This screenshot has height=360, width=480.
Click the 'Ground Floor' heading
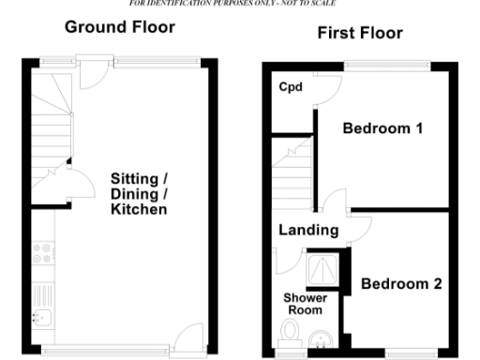[x=119, y=27]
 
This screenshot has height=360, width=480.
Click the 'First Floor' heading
[x=360, y=34]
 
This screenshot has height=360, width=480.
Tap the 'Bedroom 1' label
[x=382, y=128]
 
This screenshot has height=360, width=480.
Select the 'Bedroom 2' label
[x=401, y=283]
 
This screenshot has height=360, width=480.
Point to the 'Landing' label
[x=308, y=230]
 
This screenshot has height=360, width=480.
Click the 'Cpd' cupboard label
[x=289, y=87]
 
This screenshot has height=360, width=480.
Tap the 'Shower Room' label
[x=304, y=304]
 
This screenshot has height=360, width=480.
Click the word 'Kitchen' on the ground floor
[x=139, y=209]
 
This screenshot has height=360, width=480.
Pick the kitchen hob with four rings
[x=43, y=253]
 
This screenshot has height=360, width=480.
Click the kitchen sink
[x=42, y=317]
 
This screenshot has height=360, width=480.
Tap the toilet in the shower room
[x=291, y=331]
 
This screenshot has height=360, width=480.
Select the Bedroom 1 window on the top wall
[x=389, y=65]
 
